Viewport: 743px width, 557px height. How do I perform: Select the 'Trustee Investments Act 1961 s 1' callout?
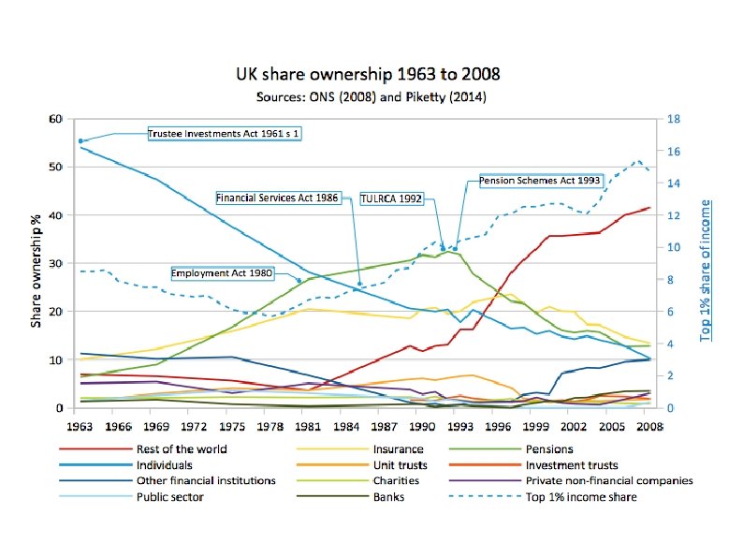point(225,134)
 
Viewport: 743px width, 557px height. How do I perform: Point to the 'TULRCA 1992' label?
point(392,198)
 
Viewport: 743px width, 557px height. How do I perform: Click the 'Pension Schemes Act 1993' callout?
point(539,179)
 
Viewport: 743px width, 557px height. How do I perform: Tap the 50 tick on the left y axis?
point(55,168)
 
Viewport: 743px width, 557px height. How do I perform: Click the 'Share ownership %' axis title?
point(36,263)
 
